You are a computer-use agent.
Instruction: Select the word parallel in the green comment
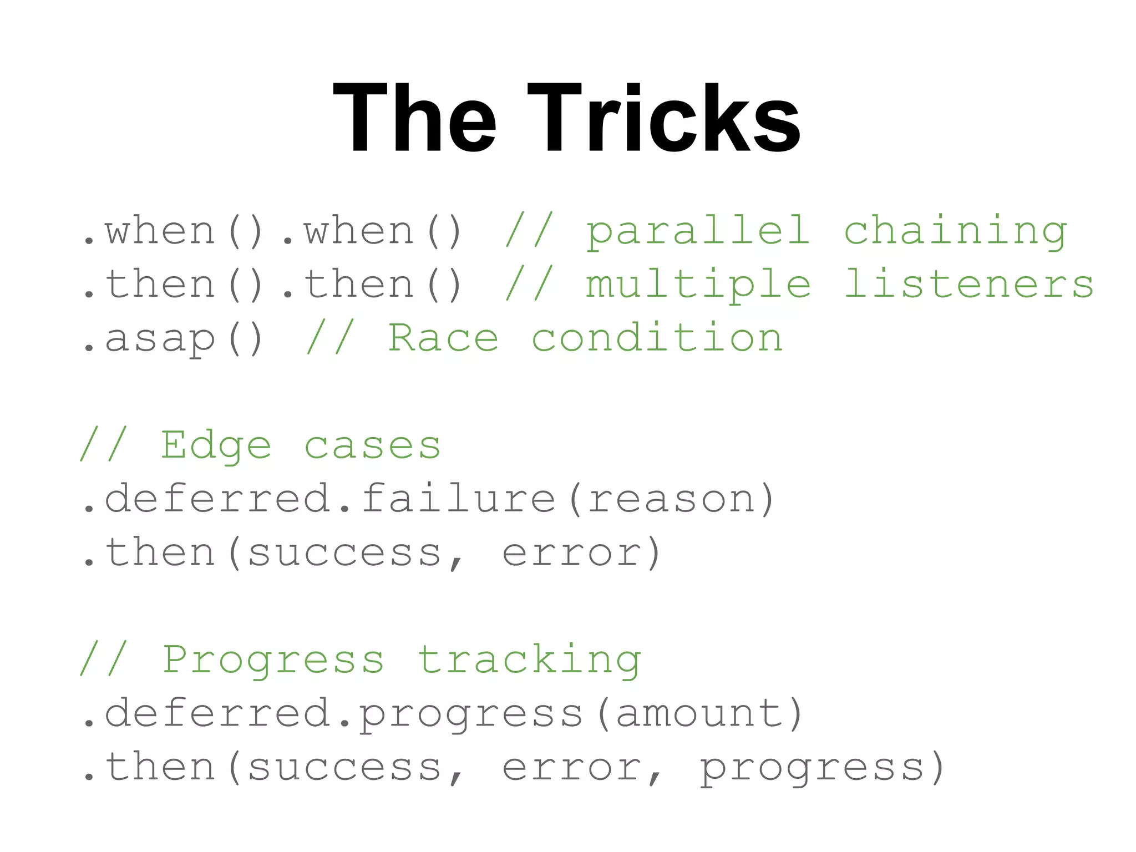[698, 231]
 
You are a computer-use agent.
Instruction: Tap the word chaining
[955, 231]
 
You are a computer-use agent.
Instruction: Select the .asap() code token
[173, 338]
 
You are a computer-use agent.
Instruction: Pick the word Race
[443, 338]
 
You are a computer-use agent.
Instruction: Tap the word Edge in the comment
[216, 446]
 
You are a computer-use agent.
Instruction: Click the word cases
[372, 446]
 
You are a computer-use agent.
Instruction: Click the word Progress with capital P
[272, 660]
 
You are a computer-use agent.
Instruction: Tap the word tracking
[529, 660]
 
